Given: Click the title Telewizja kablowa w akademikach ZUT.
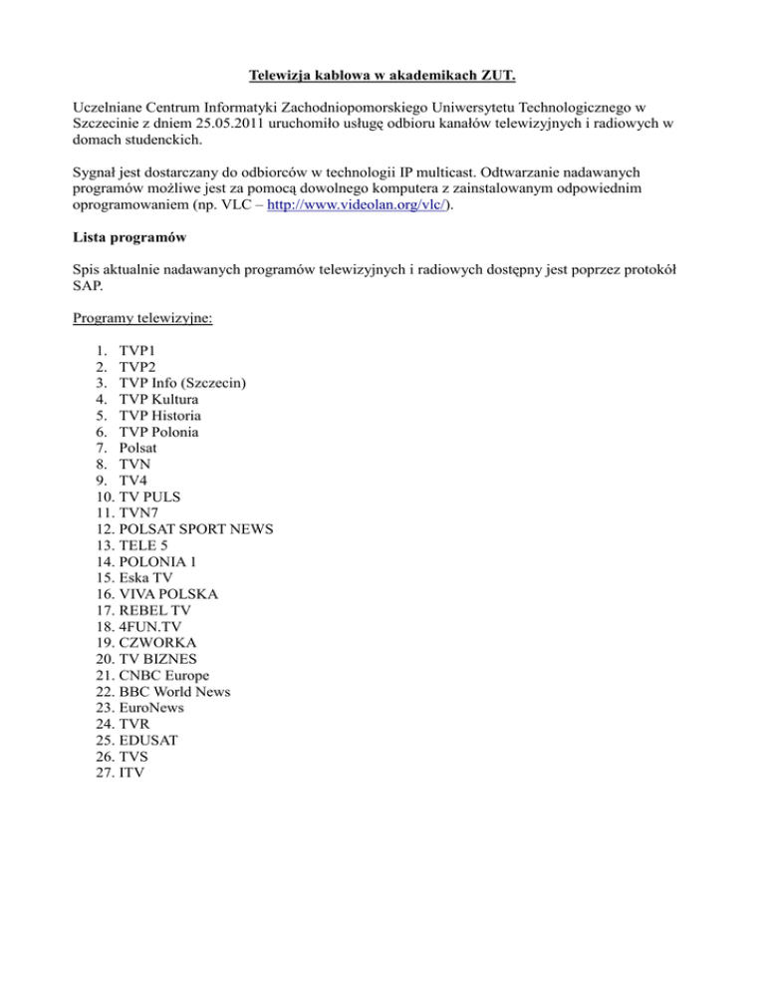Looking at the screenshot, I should click(382, 73).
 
